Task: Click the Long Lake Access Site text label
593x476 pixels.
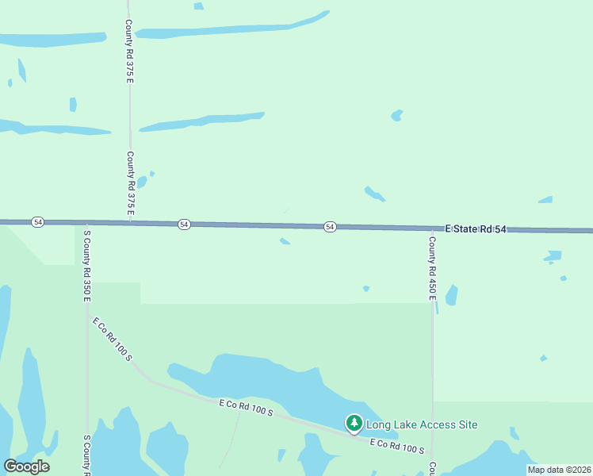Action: pos(422,424)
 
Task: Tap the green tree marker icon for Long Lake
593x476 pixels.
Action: pos(354,424)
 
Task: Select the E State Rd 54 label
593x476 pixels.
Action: pos(475,228)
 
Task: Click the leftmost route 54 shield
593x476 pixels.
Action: pos(38,222)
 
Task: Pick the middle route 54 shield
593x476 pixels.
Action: pos(184,225)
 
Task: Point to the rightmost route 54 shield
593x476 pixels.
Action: pos(330,227)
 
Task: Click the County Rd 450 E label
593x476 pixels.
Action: pos(432,267)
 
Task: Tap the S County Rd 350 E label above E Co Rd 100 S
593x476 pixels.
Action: pos(87,266)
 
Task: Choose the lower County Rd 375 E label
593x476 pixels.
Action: pos(130,182)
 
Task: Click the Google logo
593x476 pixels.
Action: pos(27,466)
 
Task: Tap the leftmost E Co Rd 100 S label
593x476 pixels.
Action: pos(112,340)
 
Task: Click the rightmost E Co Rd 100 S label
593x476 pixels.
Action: pos(397,444)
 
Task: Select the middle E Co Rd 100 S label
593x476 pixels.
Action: pos(246,408)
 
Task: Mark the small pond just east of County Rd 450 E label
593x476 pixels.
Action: pos(452,295)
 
